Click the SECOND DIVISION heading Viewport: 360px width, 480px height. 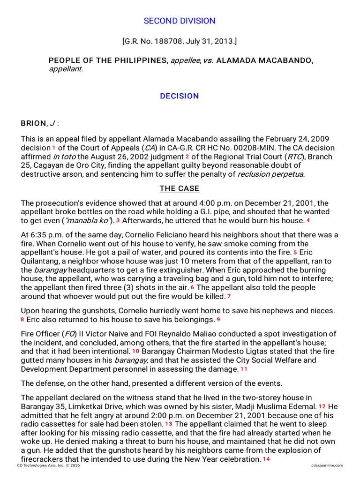(180, 21)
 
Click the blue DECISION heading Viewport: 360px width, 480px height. (180, 96)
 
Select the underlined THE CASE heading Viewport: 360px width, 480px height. (180, 188)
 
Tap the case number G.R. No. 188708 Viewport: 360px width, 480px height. (154, 42)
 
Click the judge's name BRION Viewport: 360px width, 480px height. (34, 123)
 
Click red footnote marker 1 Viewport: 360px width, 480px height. (54, 148)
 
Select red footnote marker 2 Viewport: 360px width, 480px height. (187, 157)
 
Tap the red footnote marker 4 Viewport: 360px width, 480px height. (308, 220)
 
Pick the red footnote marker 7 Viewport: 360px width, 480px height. (228, 296)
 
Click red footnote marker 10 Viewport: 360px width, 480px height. (135, 352)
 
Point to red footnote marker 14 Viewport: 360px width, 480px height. (266, 459)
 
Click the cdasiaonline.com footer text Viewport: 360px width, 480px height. (326, 465)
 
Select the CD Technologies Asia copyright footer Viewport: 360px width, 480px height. (47, 465)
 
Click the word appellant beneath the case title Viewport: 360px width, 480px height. (65, 69)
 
